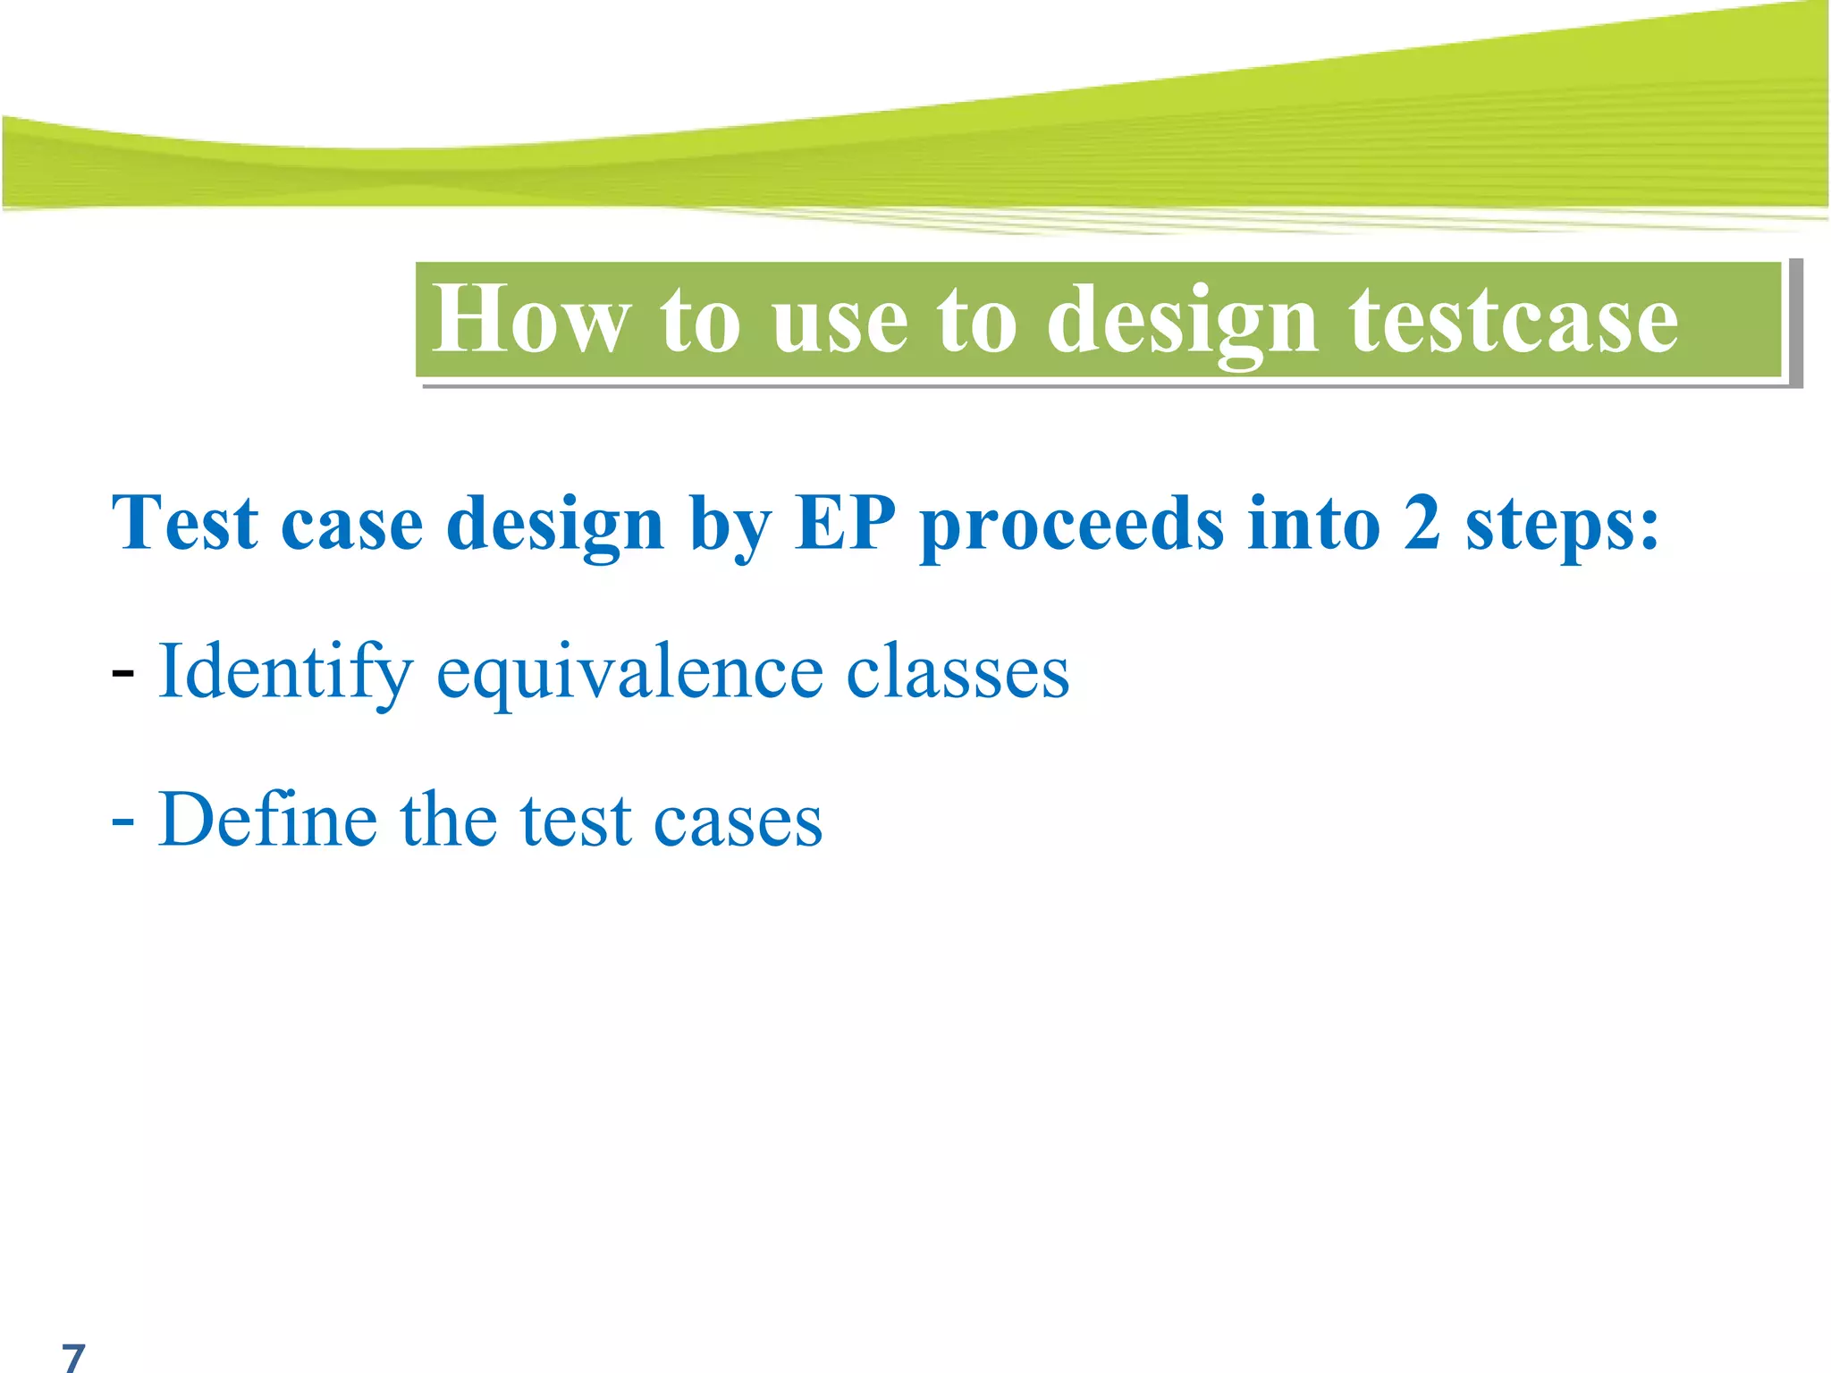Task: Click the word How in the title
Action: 531,320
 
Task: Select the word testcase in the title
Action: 1513,320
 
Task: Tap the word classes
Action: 958,672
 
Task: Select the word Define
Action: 267,820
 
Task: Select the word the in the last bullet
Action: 448,820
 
